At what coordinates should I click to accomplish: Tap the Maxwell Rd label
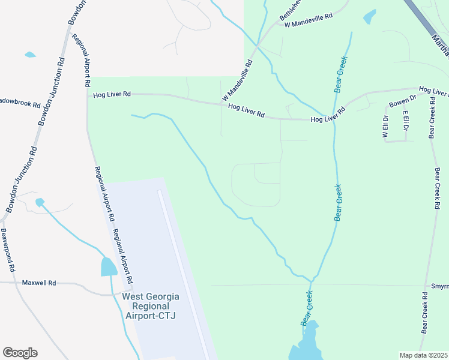pyautogui.click(x=39, y=282)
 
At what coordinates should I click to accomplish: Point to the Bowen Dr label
pyautogui.click(x=403, y=101)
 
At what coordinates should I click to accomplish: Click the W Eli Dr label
pyautogui.click(x=385, y=127)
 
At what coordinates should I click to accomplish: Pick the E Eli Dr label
pyautogui.click(x=406, y=121)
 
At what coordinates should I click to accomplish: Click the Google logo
pyautogui.click(x=20, y=353)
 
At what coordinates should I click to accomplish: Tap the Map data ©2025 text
pyautogui.click(x=423, y=355)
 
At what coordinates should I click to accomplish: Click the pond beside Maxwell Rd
pyautogui.click(x=109, y=267)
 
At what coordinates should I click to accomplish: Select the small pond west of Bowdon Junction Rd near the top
pyautogui.click(x=30, y=55)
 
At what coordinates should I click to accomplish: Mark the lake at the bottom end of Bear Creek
pyautogui.click(x=306, y=348)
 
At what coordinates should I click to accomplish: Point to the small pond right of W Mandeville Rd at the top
pyautogui.click(x=370, y=16)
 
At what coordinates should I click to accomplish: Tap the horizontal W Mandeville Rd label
pyautogui.click(x=309, y=21)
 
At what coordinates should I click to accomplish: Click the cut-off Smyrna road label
pyautogui.click(x=439, y=286)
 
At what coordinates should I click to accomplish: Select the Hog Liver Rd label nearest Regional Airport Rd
pyautogui.click(x=112, y=94)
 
